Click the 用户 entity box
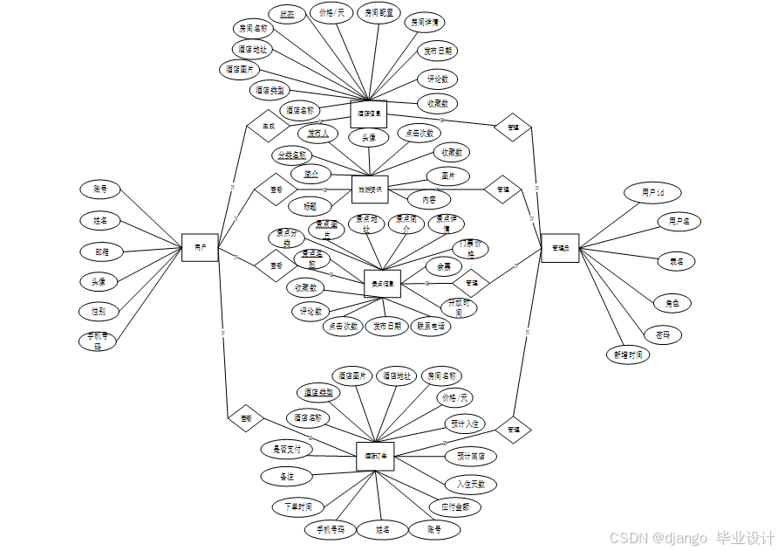200,247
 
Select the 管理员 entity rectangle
560,248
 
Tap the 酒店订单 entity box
376,456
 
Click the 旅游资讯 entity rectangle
369,189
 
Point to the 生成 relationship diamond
268,126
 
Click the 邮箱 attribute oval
102,251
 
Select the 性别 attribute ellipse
99,311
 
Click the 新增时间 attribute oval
628,355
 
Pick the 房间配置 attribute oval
379,13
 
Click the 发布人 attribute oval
318,133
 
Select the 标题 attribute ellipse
310,207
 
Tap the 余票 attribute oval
444,265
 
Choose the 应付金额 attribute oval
454,506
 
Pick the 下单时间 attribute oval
297,506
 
